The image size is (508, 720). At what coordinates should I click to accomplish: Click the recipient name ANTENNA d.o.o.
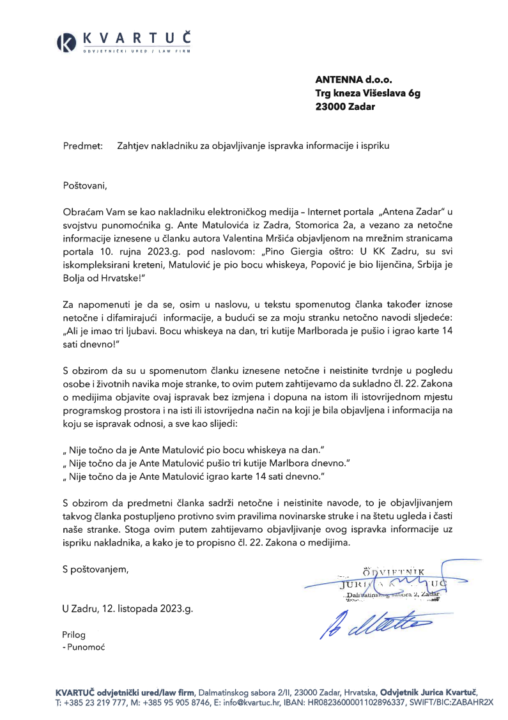pyautogui.click(x=353, y=80)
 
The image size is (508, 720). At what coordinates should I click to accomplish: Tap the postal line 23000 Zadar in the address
pyautogui.click(x=345, y=107)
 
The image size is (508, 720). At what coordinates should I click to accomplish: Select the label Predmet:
pyautogui.click(x=83, y=146)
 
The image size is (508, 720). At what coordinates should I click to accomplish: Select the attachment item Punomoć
pyautogui.click(x=86, y=647)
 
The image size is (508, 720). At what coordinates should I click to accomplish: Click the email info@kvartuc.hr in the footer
pyautogui.click(x=259, y=702)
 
